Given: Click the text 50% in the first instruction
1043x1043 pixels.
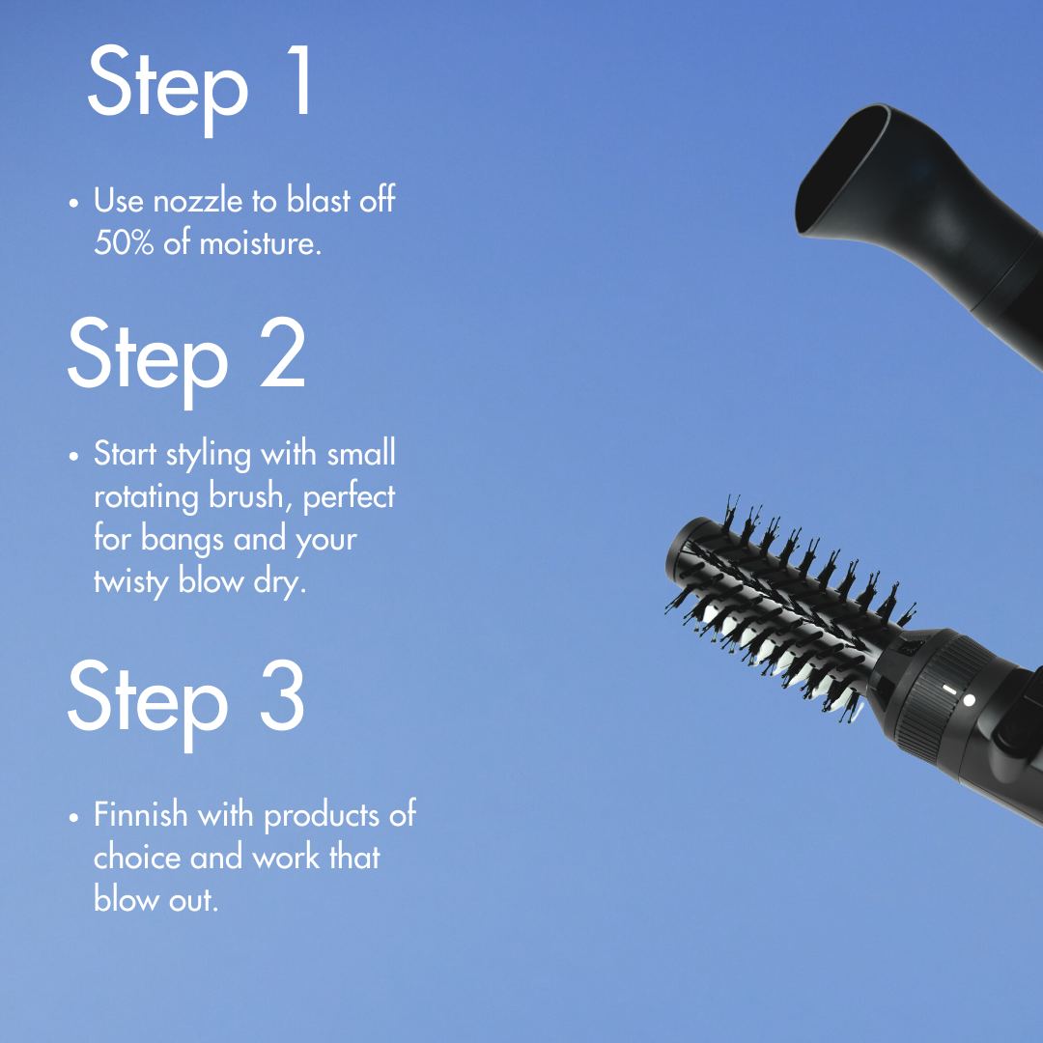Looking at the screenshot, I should [x=125, y=242].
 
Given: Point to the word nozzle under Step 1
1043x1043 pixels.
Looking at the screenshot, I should [x=202, y=201].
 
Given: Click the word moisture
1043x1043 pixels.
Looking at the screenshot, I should [x=260, y=242].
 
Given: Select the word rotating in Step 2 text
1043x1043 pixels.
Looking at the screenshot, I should [x=147, y=496].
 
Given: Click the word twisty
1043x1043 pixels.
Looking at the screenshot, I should [x=131, y=581].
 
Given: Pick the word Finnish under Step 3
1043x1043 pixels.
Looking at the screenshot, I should [x=140, y=814].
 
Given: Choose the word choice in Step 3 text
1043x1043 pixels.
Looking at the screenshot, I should [x=137, y=857].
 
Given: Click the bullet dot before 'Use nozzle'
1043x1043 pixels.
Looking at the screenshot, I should [x=74, y=204].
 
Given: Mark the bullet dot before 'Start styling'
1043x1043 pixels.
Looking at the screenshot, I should [x=74, y=456].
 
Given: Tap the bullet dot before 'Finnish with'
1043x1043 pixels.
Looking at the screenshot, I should [x=74, y=817].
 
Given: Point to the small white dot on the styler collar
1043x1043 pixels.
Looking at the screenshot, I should [x=969, y=699].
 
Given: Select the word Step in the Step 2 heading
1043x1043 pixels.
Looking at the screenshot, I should [x=147, y=354].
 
